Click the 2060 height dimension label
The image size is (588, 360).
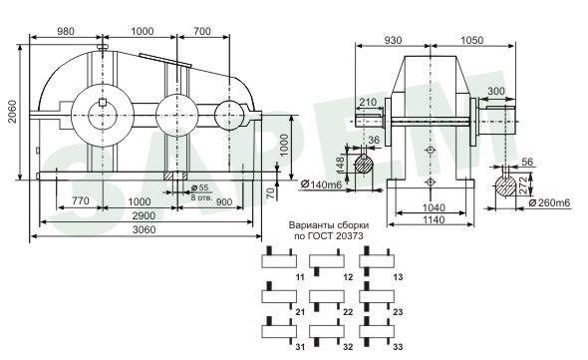point(13,112)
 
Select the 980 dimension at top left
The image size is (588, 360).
point(66,31)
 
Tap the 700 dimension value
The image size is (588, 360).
point(202,31)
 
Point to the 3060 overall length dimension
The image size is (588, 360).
point(144,229)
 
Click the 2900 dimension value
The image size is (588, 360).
point(144,215)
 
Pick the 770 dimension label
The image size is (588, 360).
point(81,201)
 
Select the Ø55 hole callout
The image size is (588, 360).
point(199,187)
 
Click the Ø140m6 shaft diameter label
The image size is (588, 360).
point(321,184)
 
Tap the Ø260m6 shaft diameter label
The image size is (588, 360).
point(549,203)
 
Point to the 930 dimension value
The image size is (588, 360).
point(393,40)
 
